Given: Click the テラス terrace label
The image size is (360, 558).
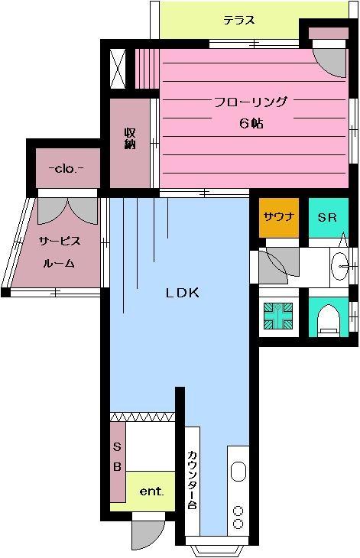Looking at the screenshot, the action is coord(239,20).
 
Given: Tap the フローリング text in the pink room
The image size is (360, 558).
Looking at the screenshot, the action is coord(250,102).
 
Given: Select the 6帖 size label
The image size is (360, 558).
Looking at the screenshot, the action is coord(251,124).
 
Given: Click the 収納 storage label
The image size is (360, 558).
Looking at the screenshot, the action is coord(130,138).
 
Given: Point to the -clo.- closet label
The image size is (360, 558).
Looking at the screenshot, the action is coord(66,169).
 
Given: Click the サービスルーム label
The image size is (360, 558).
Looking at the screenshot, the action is coord(60,252).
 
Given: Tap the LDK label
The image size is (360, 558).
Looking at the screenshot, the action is coord(183,293).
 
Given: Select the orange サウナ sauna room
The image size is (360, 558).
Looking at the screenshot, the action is coord(278,217).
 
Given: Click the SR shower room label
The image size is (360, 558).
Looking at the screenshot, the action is coord(327,217).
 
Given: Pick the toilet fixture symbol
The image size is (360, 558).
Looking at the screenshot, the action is coord(328,320).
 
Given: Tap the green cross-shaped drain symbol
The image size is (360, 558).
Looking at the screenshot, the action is coord(278,316).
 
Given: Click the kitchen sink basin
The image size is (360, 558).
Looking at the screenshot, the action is coord(238,472).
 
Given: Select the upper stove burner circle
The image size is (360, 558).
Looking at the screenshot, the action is coord(238,511).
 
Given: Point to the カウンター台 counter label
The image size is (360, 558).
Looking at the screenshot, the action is coord(192,479).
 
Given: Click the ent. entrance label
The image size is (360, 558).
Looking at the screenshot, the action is coord(151,491).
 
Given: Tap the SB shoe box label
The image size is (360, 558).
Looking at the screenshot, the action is coord(117,456).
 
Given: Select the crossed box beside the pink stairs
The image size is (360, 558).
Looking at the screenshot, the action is coord(118,69).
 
